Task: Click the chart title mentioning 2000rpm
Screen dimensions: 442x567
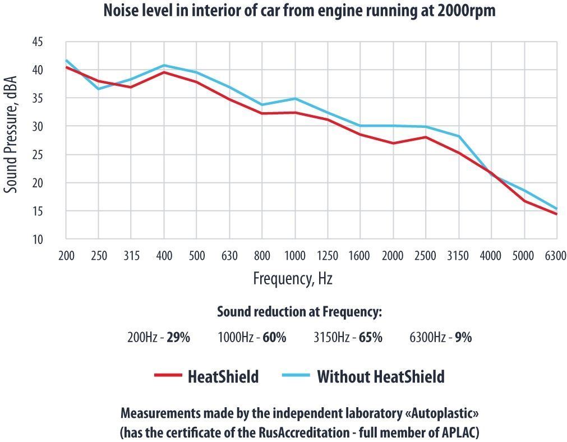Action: tap(299, 11)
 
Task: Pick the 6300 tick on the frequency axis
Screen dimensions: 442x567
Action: tap(555, 256)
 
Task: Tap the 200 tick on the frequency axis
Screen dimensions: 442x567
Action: tap(66, 256)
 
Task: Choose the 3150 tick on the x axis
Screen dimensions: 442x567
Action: tap(458, 256)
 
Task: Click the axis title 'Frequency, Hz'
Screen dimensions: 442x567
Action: tap(292, 278)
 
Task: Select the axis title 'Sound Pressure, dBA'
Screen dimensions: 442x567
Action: tap(11, 135)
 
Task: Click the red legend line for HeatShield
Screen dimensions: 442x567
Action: tap(168, 375)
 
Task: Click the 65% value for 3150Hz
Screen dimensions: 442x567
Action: tap(371, 338)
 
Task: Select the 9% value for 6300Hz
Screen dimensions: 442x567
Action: tap(463, 338)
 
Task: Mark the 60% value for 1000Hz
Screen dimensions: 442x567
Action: tap(275, 338)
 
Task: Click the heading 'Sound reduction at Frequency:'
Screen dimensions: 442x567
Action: tap(299, 312)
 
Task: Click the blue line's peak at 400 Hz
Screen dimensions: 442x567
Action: tap(164, 66)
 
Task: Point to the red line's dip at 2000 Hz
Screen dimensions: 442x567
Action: tap(393, 143)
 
